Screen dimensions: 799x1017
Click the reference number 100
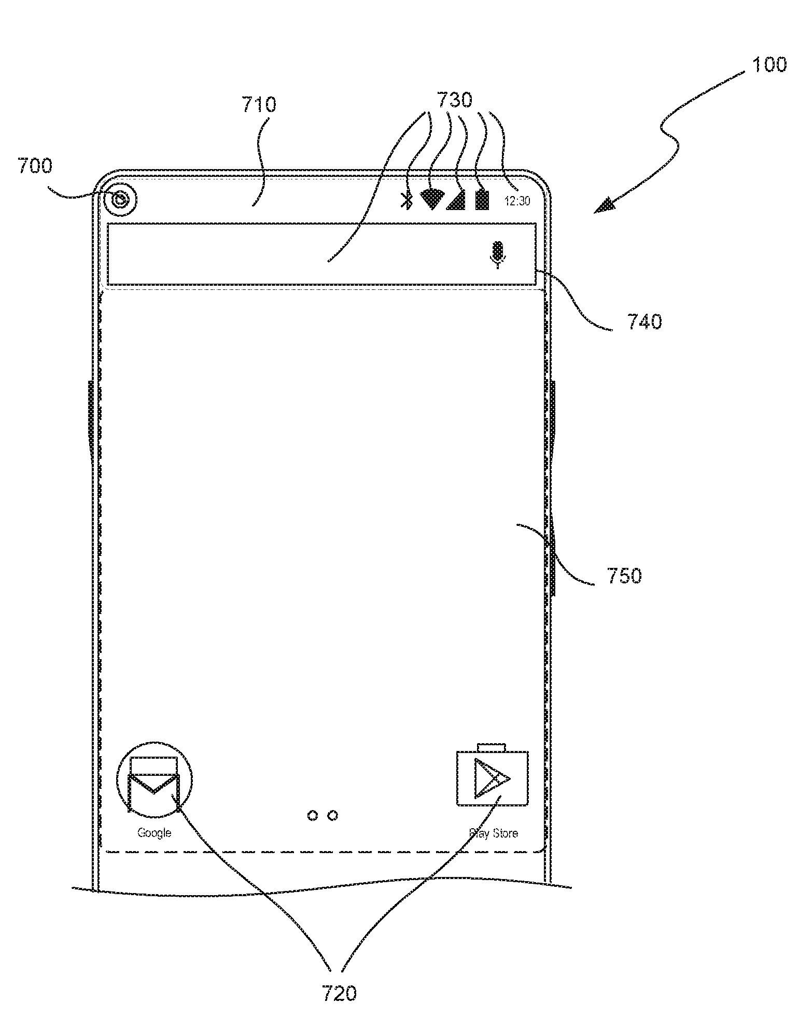coord(769,64)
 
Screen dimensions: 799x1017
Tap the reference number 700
coord(35,166)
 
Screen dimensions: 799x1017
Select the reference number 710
coord(259,105)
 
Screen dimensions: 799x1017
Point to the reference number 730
coord(455,100)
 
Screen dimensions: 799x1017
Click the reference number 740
coord(644,322)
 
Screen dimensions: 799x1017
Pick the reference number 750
coord(624,576)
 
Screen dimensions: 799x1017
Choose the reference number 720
coord(339,993)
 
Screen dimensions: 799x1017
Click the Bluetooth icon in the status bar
coord(408,200)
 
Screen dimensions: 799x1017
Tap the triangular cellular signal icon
coord(456,200)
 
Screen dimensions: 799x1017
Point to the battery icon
coord(482,199)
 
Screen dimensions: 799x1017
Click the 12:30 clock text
coord(517,201)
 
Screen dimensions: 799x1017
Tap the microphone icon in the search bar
coord(498,254)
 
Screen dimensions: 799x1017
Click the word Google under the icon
coord(154,833)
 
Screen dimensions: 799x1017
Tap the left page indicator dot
coord(313,816)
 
